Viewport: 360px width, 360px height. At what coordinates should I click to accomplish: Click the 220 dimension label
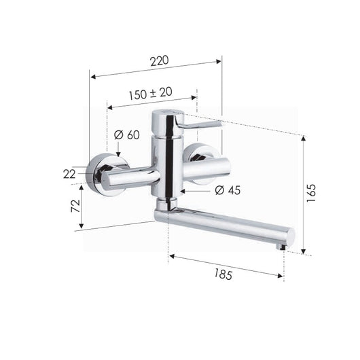point(160,60)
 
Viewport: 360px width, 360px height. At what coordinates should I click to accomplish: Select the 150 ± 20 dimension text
point(150,94)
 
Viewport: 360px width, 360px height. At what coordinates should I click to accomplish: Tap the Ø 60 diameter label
point(127,134)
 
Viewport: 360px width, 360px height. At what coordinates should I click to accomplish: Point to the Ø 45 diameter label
point(228,190)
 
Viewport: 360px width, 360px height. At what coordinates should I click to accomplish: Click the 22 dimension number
point(69,175)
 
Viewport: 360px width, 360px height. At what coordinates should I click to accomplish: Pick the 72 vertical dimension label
point(76,206)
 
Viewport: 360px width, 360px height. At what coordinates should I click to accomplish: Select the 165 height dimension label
point(312,193)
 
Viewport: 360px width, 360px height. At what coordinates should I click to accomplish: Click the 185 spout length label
point(223,274)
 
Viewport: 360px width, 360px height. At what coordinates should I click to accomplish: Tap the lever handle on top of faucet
point(200,124)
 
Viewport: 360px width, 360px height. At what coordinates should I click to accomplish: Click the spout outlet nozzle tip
point(281,247)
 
